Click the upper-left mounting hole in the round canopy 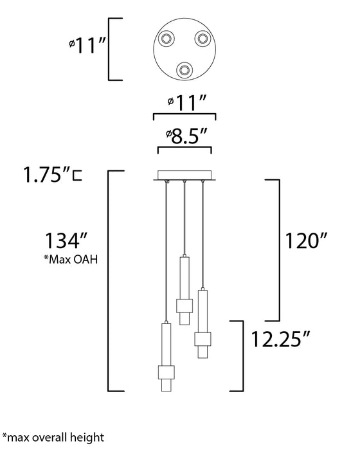[168, 38]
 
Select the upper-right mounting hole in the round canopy [200, 38]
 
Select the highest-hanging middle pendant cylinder [184, 289]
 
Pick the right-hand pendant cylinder [203, 324]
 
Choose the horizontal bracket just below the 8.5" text [184, 149]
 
